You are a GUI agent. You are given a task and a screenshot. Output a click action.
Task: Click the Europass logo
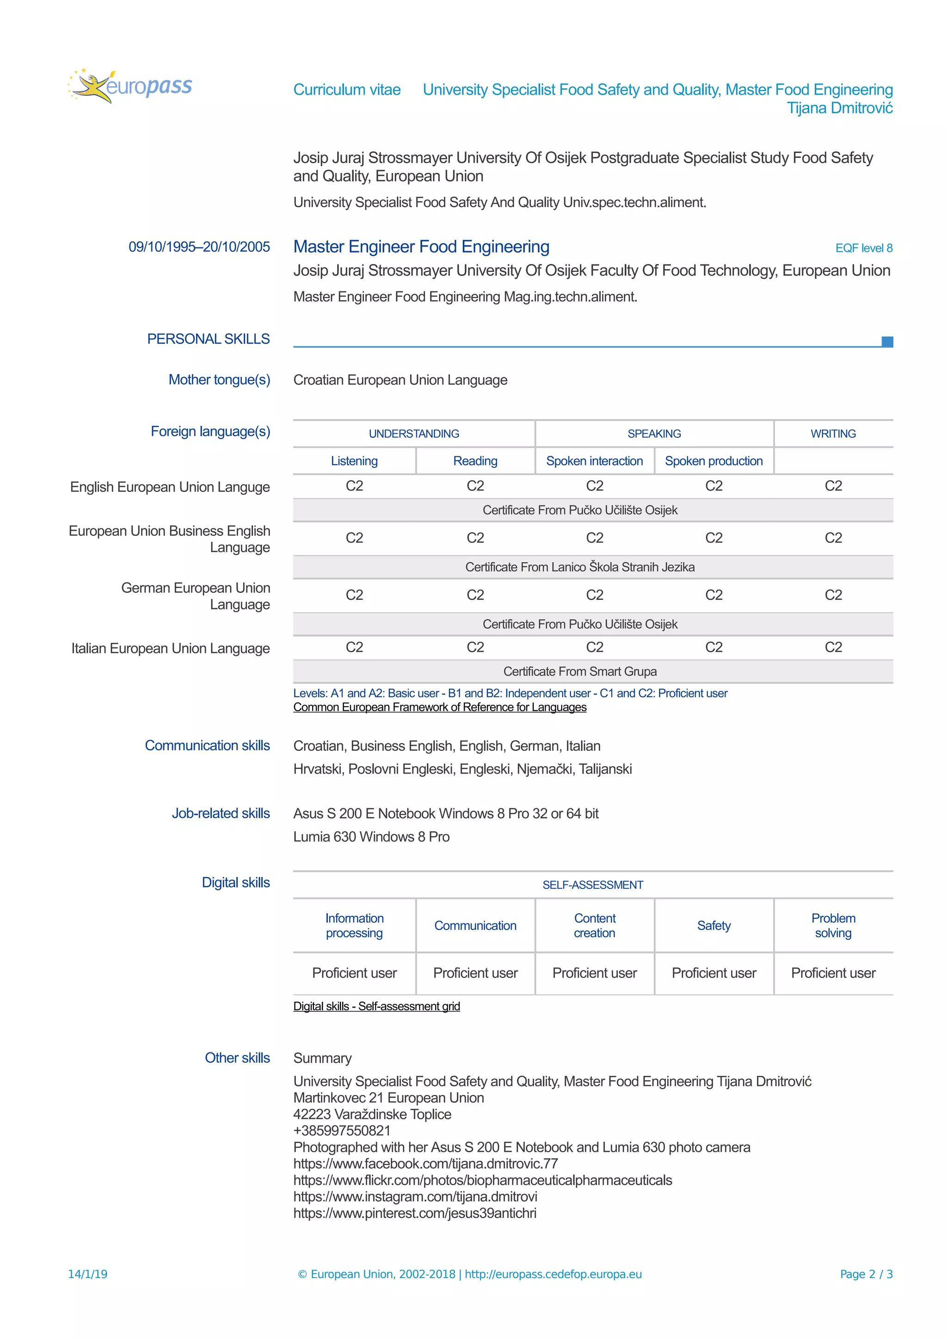click(x=129, y=86)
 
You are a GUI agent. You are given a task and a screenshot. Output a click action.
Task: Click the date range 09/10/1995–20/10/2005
click(x=199, y=247)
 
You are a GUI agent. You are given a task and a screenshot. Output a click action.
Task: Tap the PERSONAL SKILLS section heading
click(x=208, y=339)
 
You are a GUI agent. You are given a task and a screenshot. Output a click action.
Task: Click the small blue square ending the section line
click(x=886, y=341)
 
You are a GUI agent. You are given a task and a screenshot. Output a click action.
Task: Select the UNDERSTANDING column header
click(x=414, y=434)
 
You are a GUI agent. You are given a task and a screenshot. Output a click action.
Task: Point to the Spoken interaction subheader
click(x=594, y=461)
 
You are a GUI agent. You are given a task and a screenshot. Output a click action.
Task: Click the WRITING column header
click(x=833, y=434)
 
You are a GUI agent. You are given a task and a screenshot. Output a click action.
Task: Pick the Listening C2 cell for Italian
click(x=354, y=647)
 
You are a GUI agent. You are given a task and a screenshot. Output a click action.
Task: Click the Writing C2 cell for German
click(x=833, y=595)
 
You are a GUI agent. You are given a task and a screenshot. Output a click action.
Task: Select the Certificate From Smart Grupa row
click(x=579, y=671)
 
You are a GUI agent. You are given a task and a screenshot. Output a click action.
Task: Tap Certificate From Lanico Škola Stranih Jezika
click(x=579, y=567)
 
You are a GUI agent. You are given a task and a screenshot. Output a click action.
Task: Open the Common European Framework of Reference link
click(x=439, y=707)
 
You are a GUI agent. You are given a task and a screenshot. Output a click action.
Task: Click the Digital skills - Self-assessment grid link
click(x=376, y=1006)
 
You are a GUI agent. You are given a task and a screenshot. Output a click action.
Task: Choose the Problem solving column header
click(x=833, y=926)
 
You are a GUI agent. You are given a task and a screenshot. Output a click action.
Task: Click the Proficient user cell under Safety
click(x=713, y=973)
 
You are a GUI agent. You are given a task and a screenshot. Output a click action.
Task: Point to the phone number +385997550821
click(x=342, y=1131)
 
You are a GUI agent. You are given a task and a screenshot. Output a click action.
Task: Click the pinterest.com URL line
click(x=414, y=1213)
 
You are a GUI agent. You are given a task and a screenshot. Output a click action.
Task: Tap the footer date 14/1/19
click(x=87, y=1274)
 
